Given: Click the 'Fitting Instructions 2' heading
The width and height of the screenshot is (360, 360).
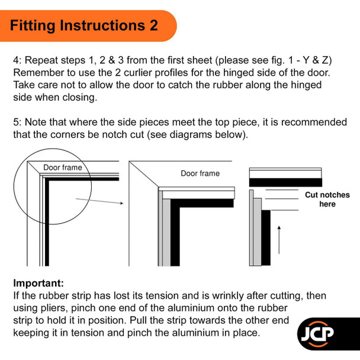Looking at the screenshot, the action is [84, 25].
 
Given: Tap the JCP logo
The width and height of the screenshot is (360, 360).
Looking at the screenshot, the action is [317, 334].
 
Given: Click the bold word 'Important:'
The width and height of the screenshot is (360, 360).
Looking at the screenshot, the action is [38, 283].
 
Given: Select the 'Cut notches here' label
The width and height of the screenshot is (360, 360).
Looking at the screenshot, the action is [327, 200].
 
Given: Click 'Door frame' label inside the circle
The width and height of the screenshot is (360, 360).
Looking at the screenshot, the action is [62, 168].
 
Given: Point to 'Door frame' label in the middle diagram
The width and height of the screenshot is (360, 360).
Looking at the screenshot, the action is [200, 173].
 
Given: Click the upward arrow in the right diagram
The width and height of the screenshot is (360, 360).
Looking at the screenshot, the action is [279, 240].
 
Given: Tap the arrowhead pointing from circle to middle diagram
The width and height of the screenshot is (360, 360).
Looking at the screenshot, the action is [122, 203].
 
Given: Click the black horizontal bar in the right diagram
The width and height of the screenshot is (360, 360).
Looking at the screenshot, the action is [285, 182].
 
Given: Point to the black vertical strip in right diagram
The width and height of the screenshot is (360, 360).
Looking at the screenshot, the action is [266, 237].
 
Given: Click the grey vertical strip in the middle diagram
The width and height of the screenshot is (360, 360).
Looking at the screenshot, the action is [166, 233].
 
